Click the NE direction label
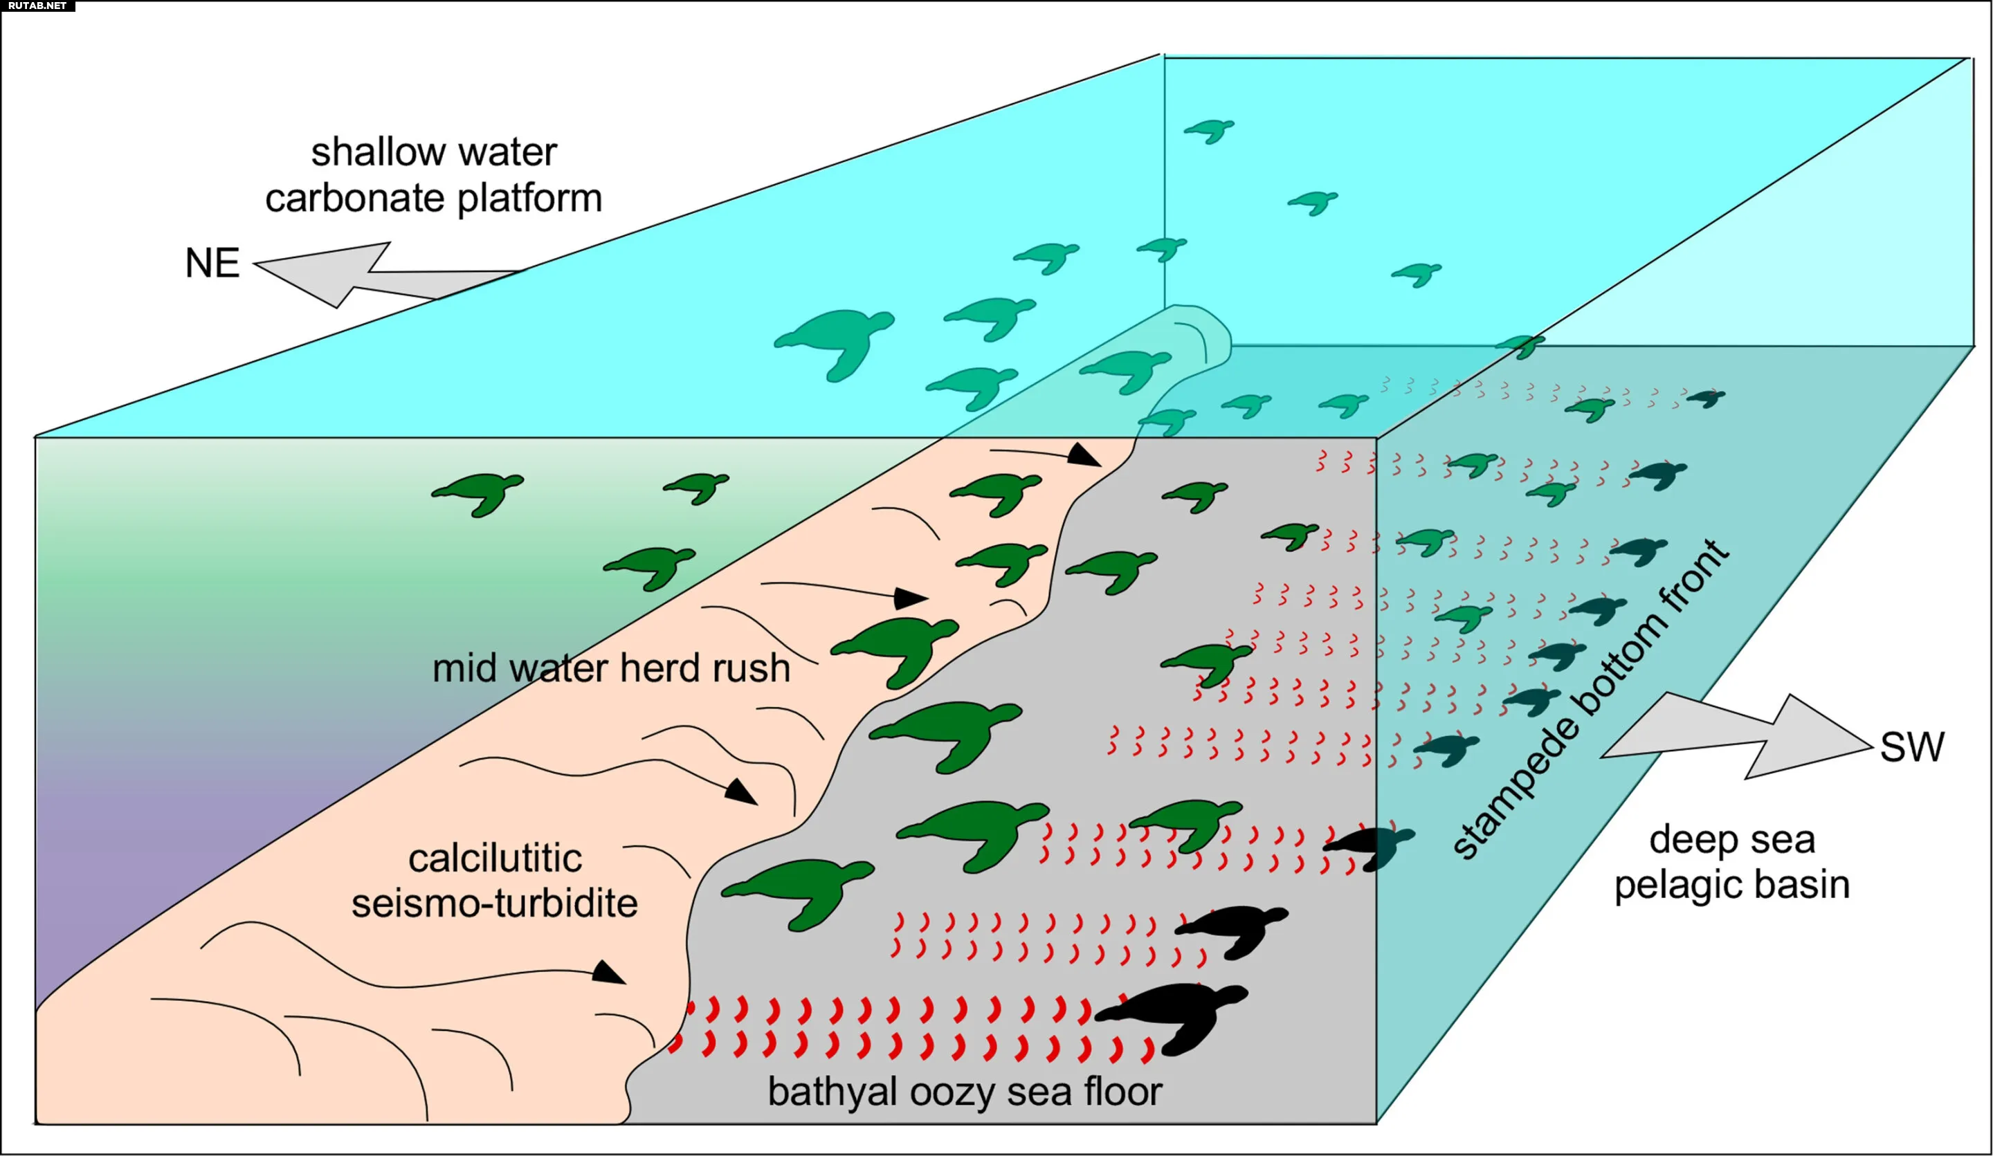pos(212,264)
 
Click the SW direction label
pos(1911,747)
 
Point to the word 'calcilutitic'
pos(495,859)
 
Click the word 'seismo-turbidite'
pos(494,903)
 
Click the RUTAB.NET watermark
pos(37,6)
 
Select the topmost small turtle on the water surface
pos(1209,129)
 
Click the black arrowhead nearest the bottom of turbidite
pos(608,973)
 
